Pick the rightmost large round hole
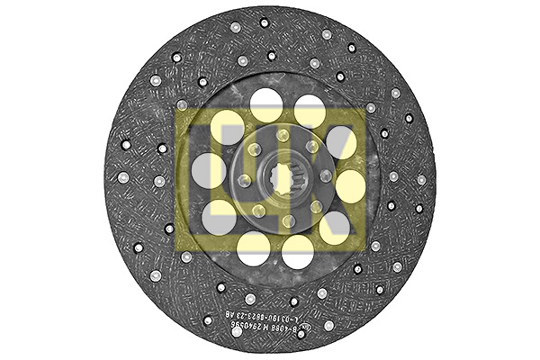tap(352, 186)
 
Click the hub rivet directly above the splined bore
tap(283, 136)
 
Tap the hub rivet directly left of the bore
tap(243, 181)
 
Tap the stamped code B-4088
tap(312, 332)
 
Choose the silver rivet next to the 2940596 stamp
tap(237, 330)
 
